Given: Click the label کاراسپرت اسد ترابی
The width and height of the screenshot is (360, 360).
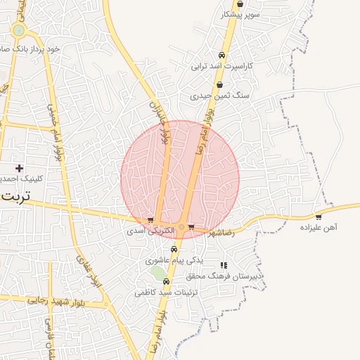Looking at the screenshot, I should [221, 66].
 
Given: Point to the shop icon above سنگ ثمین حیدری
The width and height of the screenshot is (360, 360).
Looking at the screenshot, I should [220, 84].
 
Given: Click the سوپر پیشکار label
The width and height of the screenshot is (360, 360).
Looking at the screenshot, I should [240, 14].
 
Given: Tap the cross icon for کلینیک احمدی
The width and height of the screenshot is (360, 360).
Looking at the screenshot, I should [19, 168].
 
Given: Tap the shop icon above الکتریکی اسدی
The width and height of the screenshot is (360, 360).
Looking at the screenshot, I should [150, 220].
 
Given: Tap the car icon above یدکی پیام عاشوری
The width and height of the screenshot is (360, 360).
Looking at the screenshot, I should [174, 250].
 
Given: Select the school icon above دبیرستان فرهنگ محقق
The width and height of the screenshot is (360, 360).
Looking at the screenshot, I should [224, 265].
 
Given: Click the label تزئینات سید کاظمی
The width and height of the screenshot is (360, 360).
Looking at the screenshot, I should [167, 292].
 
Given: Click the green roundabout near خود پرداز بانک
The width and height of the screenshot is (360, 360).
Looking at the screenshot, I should [18, 30].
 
